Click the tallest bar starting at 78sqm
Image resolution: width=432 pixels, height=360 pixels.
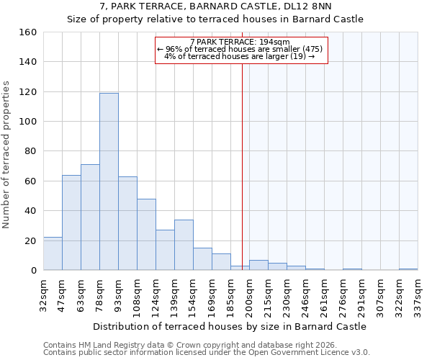[109, 181]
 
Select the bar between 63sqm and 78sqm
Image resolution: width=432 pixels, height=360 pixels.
[90, 217]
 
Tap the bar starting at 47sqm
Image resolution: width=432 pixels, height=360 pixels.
[71, 222]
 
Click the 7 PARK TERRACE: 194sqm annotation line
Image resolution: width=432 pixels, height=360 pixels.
[240, 42]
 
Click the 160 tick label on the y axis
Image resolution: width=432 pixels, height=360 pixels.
[28, 32]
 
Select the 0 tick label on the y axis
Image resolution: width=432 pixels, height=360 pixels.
[33, 271]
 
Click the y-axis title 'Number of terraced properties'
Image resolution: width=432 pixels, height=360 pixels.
[7, 155]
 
